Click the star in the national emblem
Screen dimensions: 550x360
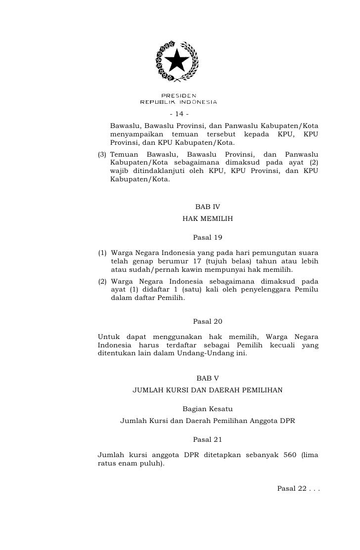coord(177,62)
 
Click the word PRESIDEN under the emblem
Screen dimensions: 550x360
coord(179,95)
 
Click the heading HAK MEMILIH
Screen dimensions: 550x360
coord(208,218)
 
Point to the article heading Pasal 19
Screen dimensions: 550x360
coord(208,237)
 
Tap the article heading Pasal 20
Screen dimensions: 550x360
coord(208,322)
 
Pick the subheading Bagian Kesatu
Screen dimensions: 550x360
coord(208,409)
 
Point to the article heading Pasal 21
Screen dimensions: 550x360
coord(208,439)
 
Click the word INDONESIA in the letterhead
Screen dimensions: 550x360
coord(198,102)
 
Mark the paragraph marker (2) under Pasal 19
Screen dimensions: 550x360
coord(103,281)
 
